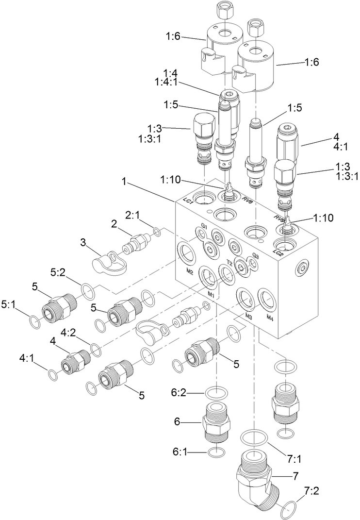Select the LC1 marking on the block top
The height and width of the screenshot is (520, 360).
point(189,201)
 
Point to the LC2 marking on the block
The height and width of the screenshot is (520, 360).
point(278,253)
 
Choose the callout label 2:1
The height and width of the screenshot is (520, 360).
point(133,214)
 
